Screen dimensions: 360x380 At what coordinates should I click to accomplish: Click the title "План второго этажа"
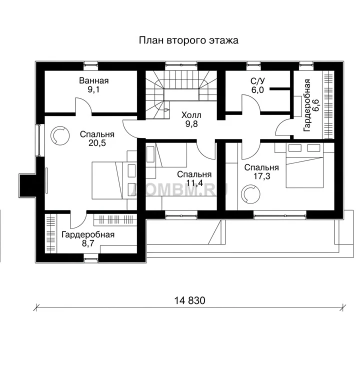pos(188,40)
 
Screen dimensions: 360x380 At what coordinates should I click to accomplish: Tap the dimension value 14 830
pos(189,300)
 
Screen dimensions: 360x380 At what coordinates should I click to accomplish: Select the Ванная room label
pos(94,80)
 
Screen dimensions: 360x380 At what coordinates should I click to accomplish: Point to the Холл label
pos(191,115)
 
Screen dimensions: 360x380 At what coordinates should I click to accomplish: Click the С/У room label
pos(257,81)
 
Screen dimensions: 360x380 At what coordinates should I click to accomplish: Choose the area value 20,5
pos(97,143)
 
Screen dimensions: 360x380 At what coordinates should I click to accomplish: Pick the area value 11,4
pos(194,183)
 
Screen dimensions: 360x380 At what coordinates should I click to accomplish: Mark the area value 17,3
pos(261,176)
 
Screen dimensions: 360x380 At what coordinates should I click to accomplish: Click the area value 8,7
pos(88,243)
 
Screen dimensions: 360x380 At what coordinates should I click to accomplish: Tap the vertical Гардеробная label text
pos(307,105)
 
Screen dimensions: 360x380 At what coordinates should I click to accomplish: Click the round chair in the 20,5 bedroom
pos(59,135)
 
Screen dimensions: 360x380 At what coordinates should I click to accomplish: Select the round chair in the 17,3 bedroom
pos(250,194)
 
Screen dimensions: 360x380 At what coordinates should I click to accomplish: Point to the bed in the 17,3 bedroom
pos(304,165)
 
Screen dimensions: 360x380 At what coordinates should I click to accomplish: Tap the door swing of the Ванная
pos(83,105)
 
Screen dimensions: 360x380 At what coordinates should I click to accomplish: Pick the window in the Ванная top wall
pos(91,64)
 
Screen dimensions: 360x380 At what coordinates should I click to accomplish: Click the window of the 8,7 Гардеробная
pos(91,258)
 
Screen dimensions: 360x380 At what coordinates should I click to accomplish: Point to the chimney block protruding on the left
pos(27,185)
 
